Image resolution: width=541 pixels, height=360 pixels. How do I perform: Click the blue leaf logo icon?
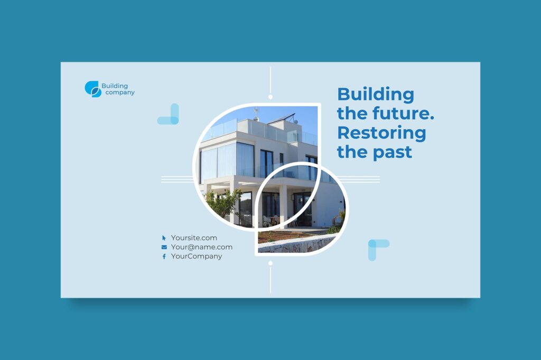[x=92, y=89]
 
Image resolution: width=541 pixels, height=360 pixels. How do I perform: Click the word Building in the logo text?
[x=115, y=86]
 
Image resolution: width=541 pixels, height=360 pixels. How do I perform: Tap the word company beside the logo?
[x=120, y=93]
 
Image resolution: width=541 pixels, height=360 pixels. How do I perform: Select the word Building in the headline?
[x=376, y=94]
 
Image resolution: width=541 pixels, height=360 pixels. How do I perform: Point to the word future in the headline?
[x=402, y=113]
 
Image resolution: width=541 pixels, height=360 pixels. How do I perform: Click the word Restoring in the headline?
[x=381, y=132]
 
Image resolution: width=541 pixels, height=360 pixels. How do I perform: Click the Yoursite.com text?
[x=194, y=238]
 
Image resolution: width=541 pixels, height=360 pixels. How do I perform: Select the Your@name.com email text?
[x=201, y=247]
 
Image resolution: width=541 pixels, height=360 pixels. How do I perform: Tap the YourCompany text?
[x=197, y=257]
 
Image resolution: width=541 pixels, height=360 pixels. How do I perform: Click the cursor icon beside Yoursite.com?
[x=164, y=238]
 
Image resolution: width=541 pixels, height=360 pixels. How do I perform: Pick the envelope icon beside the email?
[x=164, y=247]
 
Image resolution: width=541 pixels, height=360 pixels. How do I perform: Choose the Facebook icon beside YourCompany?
[x=164, y=257]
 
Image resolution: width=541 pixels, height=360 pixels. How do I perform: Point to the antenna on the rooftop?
[x=256, y=112]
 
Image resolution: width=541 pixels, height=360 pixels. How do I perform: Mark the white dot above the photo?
[x=270, y=97]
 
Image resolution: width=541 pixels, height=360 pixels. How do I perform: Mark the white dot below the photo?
[x=270, y=263]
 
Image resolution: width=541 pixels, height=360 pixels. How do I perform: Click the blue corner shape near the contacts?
[x=377, y=248]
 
